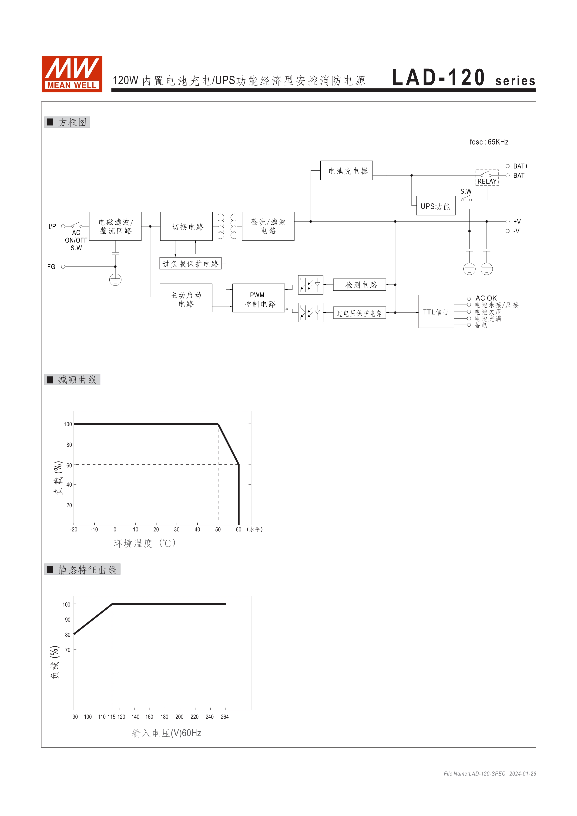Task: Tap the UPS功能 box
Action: (x=435, y=206)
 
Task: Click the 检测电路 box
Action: (x=359, y=285)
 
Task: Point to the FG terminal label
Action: (x=51, y=267)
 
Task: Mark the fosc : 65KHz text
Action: (x=489, y=142)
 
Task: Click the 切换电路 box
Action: (x=187, y=226)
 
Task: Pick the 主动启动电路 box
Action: (x=186, y=298)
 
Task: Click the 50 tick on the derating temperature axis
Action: (x=218, y=530)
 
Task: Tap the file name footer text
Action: (x=489, y=774)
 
